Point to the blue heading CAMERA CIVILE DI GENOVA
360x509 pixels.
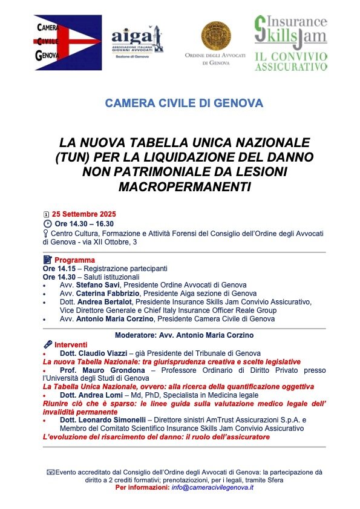tap(184, 103)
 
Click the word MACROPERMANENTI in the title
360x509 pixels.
tap(184, 187)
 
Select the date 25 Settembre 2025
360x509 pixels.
tap(83, 214)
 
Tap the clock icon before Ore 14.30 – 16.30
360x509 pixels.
tap(47, 224)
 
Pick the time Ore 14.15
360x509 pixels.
tap(61, 268)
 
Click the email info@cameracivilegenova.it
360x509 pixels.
tap(212, 487)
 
